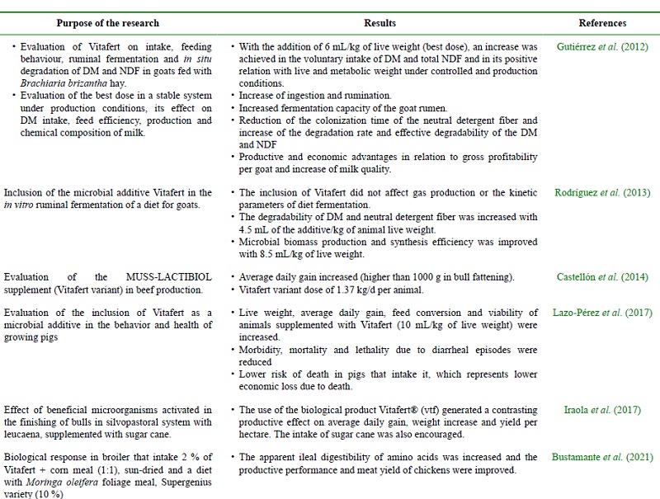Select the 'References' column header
click(x=602, y=23)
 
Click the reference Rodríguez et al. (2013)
click(x=601, y=193)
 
